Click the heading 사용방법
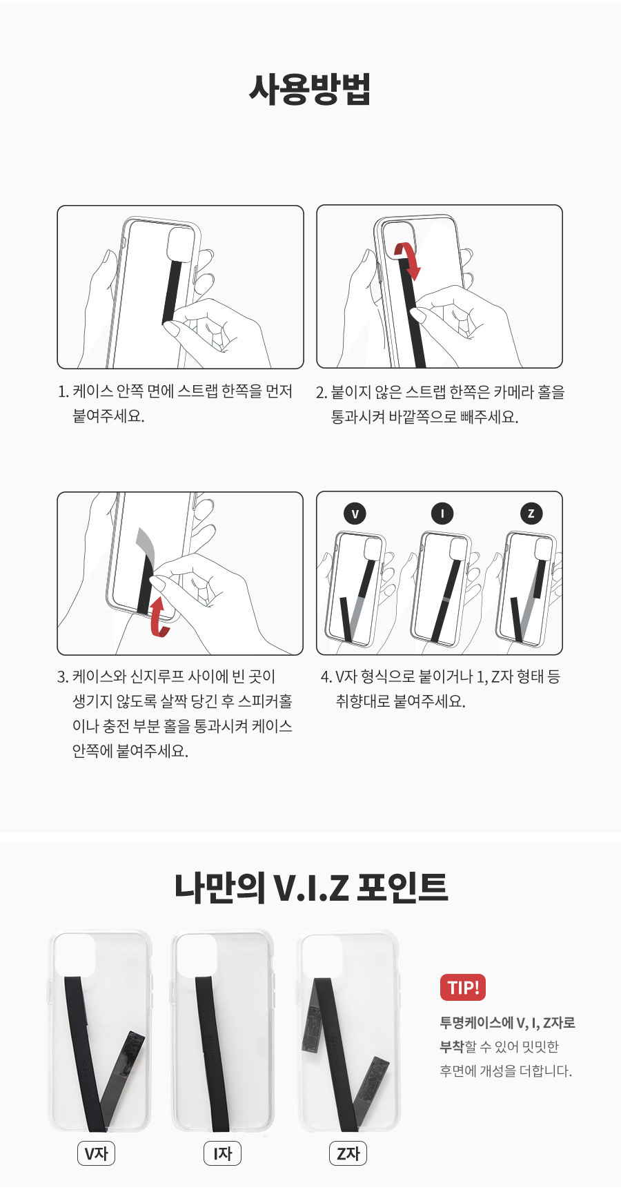[310, 89]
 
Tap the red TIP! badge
[463, 987]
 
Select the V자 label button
[96, 1153]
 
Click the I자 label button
[222, 1153]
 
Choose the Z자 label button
[348, 1153]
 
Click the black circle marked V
[355, 514]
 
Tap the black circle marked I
[442, 514]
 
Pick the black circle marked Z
[531, 514]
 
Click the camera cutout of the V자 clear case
[75, 955]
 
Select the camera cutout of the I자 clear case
[197, 955]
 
